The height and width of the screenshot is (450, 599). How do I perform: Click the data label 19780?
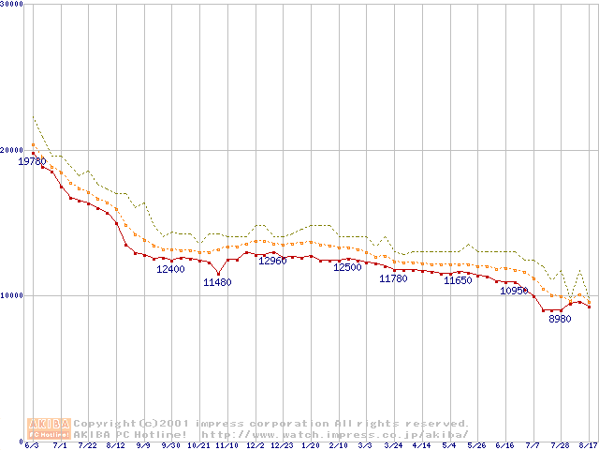coord(32,161)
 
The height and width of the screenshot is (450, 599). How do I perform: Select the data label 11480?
coord(217,282)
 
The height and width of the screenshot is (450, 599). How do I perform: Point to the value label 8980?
coord(560,319)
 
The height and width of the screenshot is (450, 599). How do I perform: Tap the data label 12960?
coord(272,261)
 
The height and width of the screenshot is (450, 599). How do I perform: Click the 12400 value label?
coord(170,269)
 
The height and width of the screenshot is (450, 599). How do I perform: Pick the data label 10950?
coord(514,291)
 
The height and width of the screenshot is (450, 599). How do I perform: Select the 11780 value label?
coord(393,278)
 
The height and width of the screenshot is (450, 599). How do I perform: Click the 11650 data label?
coord(458,280)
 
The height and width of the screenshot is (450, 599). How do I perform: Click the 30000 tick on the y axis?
coord(13,5)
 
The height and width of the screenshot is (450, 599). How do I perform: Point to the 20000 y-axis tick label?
coord(13,150)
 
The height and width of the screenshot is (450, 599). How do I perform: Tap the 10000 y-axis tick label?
coord(13,295)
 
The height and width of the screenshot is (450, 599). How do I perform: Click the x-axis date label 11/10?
coord(226,445)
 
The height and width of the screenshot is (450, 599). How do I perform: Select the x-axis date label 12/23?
coord(283,445)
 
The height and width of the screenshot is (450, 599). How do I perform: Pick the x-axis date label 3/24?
coord(393,445)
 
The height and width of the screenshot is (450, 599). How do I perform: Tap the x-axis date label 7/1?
coord(60,445)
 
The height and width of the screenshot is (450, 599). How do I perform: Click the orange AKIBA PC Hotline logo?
coord(49,428)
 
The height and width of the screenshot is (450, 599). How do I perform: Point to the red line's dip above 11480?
coord(218,273)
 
